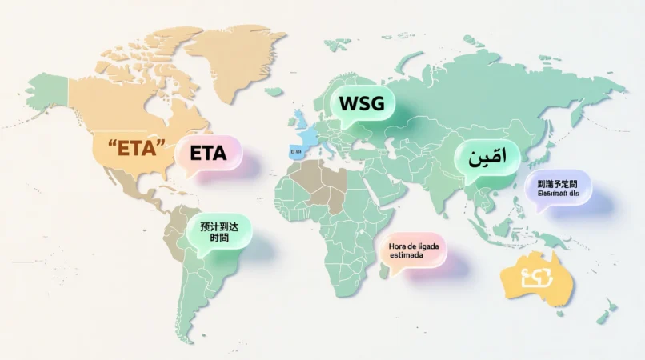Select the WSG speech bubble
(x=362, y=103)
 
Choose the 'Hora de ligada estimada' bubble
(x=414, y=250)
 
